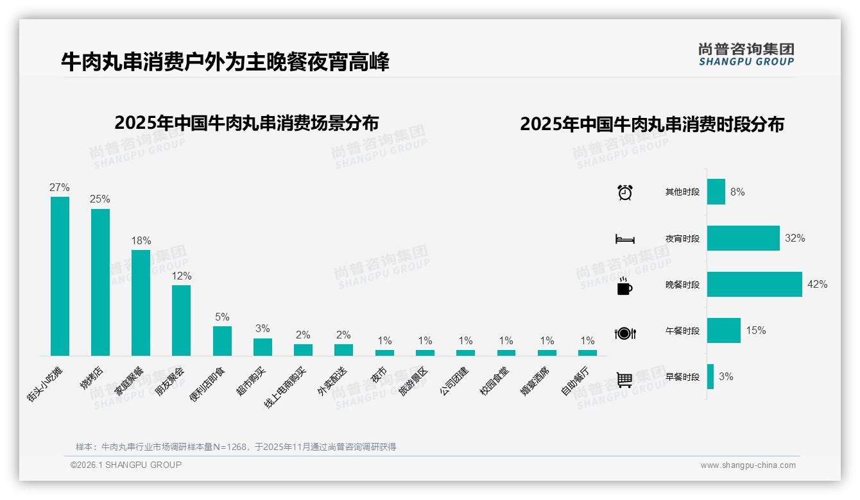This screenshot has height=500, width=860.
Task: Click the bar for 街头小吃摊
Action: click(x=60, y=276)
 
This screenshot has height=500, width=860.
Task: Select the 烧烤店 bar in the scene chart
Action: click(x=100, y=282)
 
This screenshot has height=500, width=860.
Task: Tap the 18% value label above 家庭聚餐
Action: click(x=141, y=241)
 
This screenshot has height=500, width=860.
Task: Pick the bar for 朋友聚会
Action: click(x=182, y=320)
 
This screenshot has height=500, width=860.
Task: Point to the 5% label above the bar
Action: click(x=222, y=317)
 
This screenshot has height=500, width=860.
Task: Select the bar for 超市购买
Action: click(x=262, y=347)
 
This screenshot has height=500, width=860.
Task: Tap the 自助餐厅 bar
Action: click(x=587, y=353)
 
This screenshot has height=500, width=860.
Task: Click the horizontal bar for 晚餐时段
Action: click(x=754, y=285)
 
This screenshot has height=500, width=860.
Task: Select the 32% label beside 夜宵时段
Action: click(x=795, y=238)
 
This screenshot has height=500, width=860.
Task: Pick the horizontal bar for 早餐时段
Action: click(x=710, y=377)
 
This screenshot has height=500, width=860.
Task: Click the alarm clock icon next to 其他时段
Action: click(x=624, y=192)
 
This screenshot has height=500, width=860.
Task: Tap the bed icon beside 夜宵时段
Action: click(x=624, y=239)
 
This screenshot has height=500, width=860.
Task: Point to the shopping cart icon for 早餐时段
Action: click(x=624, y=379)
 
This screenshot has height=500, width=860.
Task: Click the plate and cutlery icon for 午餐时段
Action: click(x=624, y=333)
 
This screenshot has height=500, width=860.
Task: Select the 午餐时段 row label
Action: click(x=682, y=331)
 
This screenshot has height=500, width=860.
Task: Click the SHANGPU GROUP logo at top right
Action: click(x=746, y=54)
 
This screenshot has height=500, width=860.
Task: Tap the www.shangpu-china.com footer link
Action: click(x=748, y=465)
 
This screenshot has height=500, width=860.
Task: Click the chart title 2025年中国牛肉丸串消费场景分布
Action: click(x=246, y=123)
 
